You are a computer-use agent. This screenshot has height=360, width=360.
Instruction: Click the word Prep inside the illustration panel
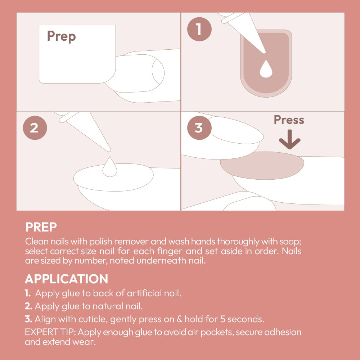pos(61,36)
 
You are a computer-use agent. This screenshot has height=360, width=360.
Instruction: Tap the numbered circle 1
pos(199,29)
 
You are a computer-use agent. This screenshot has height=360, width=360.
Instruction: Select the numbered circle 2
pos(35,128)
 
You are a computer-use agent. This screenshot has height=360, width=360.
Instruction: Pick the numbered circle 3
pos(199,128)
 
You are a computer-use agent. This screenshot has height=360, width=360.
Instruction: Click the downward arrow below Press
pos(289,139)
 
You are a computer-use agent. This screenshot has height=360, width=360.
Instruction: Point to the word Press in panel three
pos(289,120)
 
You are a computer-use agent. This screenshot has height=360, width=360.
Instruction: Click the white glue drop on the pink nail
pos(266,69)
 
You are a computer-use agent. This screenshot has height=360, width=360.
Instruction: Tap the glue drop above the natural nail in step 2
pos(110,167)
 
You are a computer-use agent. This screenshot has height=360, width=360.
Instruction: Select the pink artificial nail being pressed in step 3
pos(262,166)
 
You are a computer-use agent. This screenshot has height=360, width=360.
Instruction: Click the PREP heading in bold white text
pos(41,227)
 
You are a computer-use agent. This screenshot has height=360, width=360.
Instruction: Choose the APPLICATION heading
pos(66,279)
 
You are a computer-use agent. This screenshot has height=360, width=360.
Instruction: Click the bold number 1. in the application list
pos(28,293)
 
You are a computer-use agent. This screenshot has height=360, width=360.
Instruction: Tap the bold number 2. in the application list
pos(28,306)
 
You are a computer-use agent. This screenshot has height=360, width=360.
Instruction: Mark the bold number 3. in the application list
pos(28,319)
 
